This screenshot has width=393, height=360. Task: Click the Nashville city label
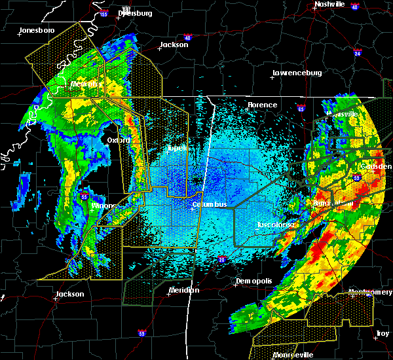329,4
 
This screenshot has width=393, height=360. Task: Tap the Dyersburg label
134,13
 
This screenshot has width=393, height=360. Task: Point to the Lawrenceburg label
297,73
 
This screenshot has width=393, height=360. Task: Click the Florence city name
262,105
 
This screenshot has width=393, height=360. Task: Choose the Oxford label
119,140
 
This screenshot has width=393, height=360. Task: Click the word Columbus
209,204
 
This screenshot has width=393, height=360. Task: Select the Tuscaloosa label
275,225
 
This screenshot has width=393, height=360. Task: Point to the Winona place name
103,206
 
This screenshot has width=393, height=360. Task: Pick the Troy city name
383,334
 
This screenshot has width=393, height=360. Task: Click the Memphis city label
84,84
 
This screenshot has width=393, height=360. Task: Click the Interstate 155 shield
103,14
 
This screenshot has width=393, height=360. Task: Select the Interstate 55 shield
84,195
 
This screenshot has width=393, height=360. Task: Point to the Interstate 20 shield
221,261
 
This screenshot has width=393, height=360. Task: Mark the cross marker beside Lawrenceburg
272,78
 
